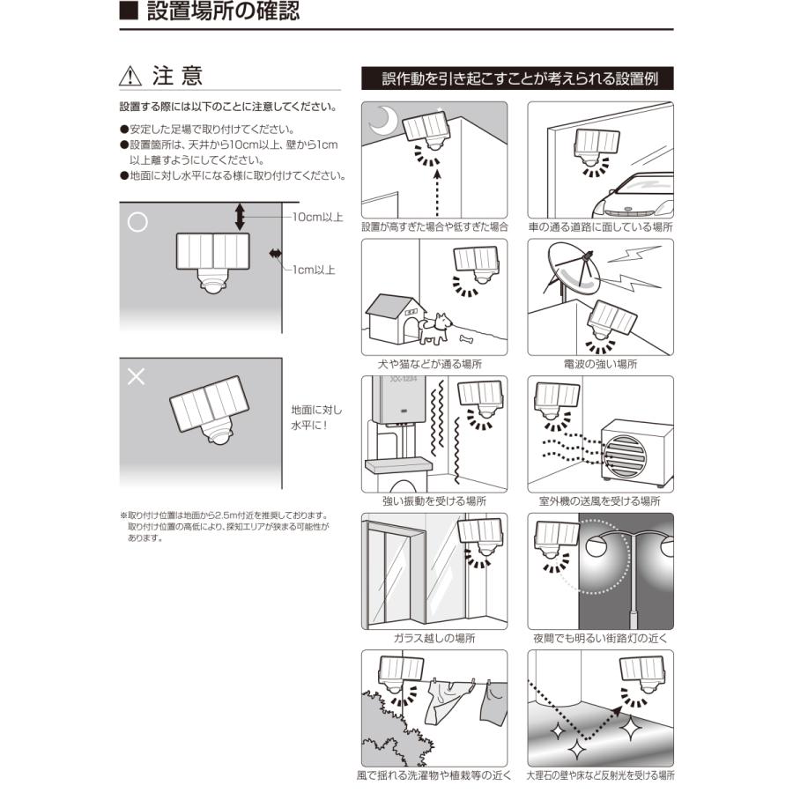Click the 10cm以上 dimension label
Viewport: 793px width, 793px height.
[318, 216]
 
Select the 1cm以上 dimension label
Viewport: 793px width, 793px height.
[314, 270]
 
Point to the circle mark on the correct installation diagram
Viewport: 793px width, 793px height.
[137, 222]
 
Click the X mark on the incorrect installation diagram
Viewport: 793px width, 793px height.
[137, 377]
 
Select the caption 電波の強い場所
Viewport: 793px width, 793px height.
[600, 364]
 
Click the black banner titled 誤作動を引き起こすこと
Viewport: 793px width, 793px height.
[517, 78]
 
